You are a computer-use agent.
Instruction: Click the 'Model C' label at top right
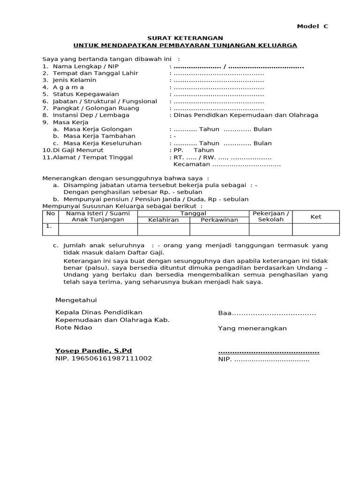click(313, 27)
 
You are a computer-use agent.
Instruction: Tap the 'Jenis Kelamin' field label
click(74, 80)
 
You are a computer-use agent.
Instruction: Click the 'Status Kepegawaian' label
click(86, 94)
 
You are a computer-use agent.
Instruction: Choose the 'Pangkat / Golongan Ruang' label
click(96, 108)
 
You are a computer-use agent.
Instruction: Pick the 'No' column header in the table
click(51, 214)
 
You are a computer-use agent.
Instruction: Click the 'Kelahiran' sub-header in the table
click(163, 220)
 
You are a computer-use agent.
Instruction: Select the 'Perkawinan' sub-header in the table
click(219, 220)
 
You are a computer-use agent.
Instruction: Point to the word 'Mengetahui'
click(76, 300)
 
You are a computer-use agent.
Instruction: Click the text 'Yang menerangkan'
click(252, 329)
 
